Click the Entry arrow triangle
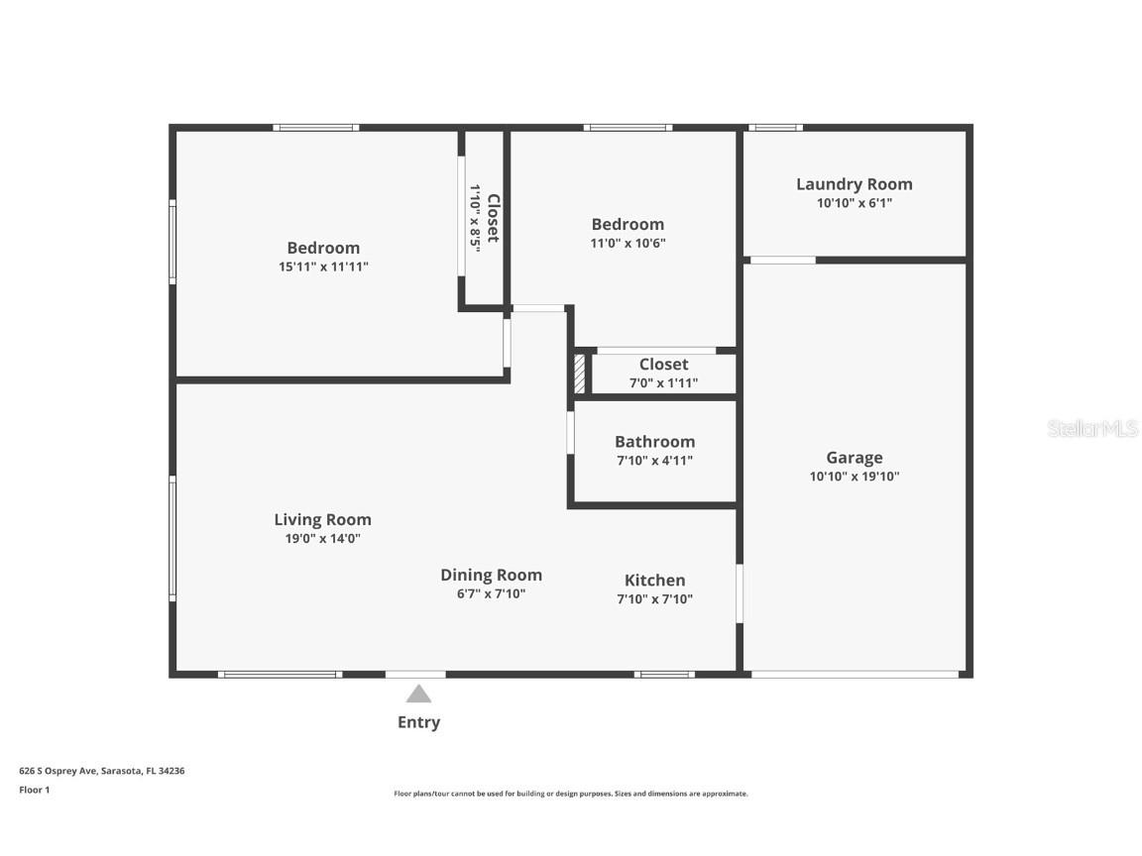[x=418, y=694]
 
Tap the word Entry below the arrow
[x=418, y=722]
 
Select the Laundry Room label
[x=854, y=184]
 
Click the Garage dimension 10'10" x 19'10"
[x=854, y=477]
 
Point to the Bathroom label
[x=654, y=442]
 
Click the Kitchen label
[x=654, y=581]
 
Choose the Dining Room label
[x=491, y=575]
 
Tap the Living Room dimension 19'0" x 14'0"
[x=322, y=539]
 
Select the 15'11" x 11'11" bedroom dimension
[x=323, y=267]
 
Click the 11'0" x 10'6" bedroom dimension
[x=628, y=243]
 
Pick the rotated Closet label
[x=493, y=218]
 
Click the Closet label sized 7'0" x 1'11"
[x=663, y=365]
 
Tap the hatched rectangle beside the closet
[x=580, y=374]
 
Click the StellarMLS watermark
[x=1091, y=428]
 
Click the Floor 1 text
[x=34, y=790]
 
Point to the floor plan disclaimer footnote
[x=570, y=794]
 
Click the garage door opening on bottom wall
[x=855, y=675]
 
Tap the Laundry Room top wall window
[x=774, y=127]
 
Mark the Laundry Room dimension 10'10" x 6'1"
[x=854, y=203]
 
